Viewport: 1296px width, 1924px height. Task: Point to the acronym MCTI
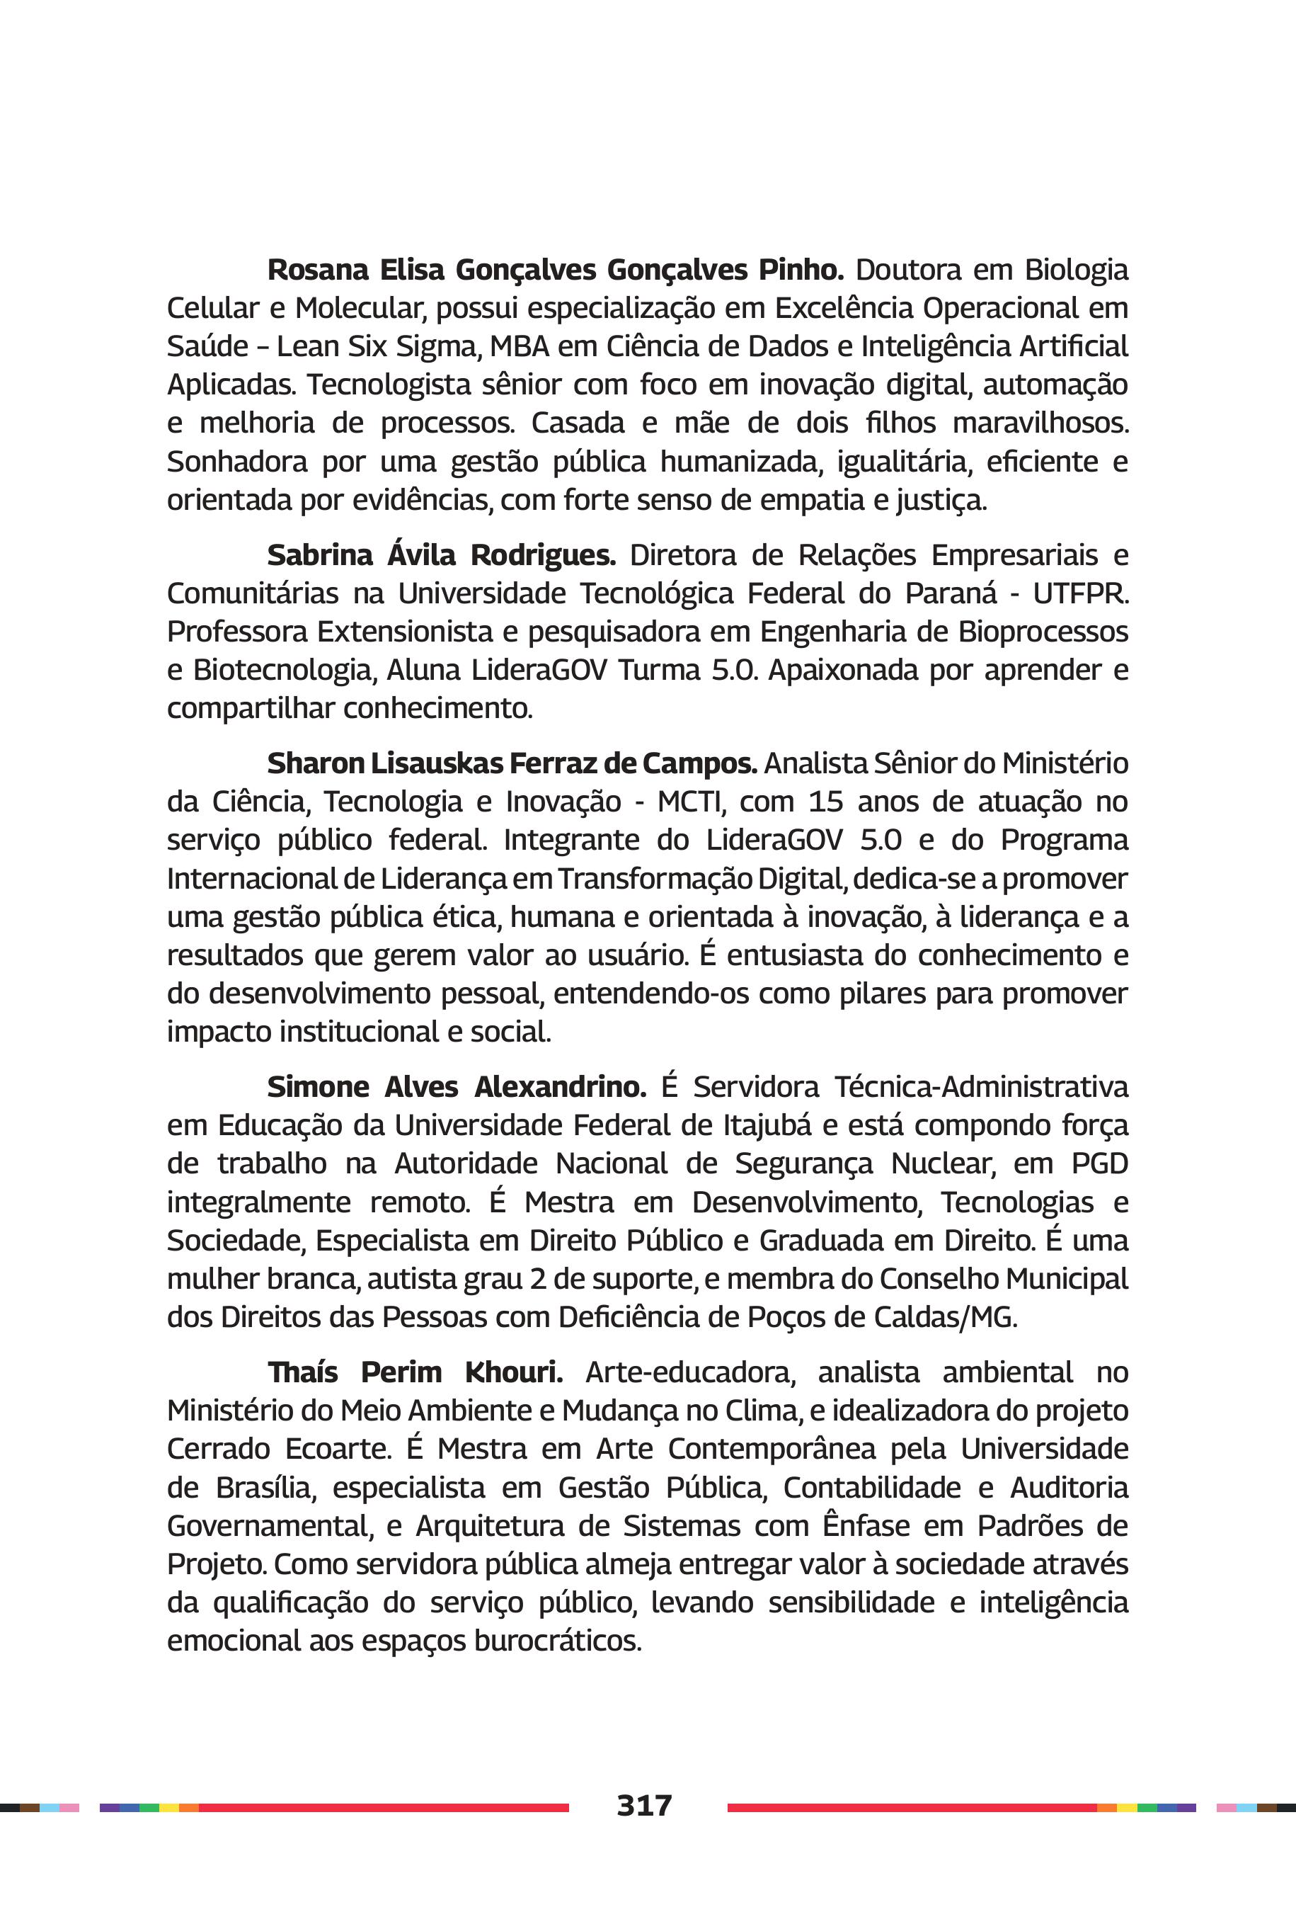(x=691, y=801)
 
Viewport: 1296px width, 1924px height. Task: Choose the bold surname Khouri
(x=513, y=1372)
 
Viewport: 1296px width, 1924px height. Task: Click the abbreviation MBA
(x=519, y=346)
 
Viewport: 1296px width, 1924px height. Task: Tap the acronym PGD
(x=1099, y=1163)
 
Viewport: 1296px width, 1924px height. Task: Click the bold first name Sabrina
(x=319, y=554)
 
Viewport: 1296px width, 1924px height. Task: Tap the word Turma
(x=659, y=670)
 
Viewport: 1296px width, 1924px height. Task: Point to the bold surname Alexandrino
(x=561, y=1086)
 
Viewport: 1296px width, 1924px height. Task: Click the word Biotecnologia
(x=285, y=671)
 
